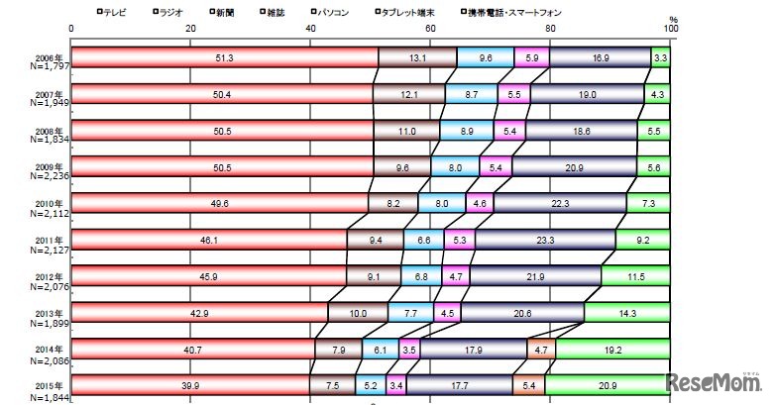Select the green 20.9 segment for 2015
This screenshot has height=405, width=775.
point(607,385)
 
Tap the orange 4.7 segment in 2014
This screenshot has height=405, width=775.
point(541,350)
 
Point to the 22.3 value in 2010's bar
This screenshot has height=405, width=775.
point(561,204)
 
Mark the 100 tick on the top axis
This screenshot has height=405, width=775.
point(670,28)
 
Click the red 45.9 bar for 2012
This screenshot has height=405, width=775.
point(210,276)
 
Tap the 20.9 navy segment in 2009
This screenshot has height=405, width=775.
point(574,167)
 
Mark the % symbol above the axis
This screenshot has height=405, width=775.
point(672,18)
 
